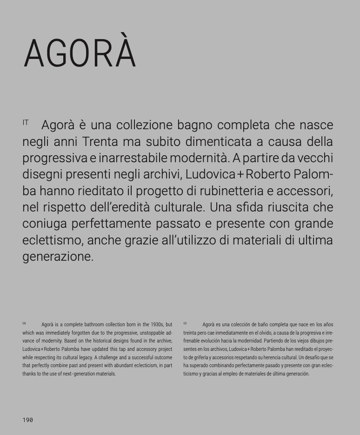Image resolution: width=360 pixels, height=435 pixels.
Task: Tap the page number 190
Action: coord(28,420)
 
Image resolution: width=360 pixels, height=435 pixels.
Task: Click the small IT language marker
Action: coord(26,123)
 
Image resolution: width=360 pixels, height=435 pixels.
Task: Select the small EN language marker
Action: coord(24,323)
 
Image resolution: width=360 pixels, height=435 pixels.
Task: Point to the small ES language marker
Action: coord(185,323)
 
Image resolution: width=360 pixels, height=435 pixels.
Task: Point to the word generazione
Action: coord(58,257)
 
